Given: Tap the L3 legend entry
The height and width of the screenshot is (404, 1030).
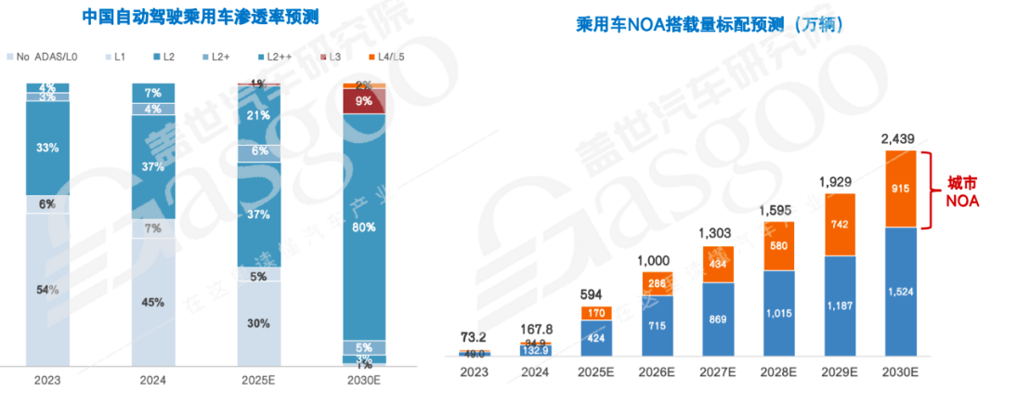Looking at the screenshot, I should coord(336,58).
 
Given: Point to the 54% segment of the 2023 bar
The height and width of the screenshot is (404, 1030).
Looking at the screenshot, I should coord(47,290).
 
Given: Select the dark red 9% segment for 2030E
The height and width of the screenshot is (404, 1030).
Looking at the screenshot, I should coord(364,101).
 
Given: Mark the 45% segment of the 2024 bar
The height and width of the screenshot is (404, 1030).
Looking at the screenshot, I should coord(153,302).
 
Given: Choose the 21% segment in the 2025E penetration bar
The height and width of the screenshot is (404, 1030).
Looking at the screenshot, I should coord(259,115).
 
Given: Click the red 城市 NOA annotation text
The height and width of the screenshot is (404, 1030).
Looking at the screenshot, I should coord(960,190).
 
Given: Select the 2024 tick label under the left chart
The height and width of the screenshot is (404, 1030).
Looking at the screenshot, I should coord(153,381).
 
